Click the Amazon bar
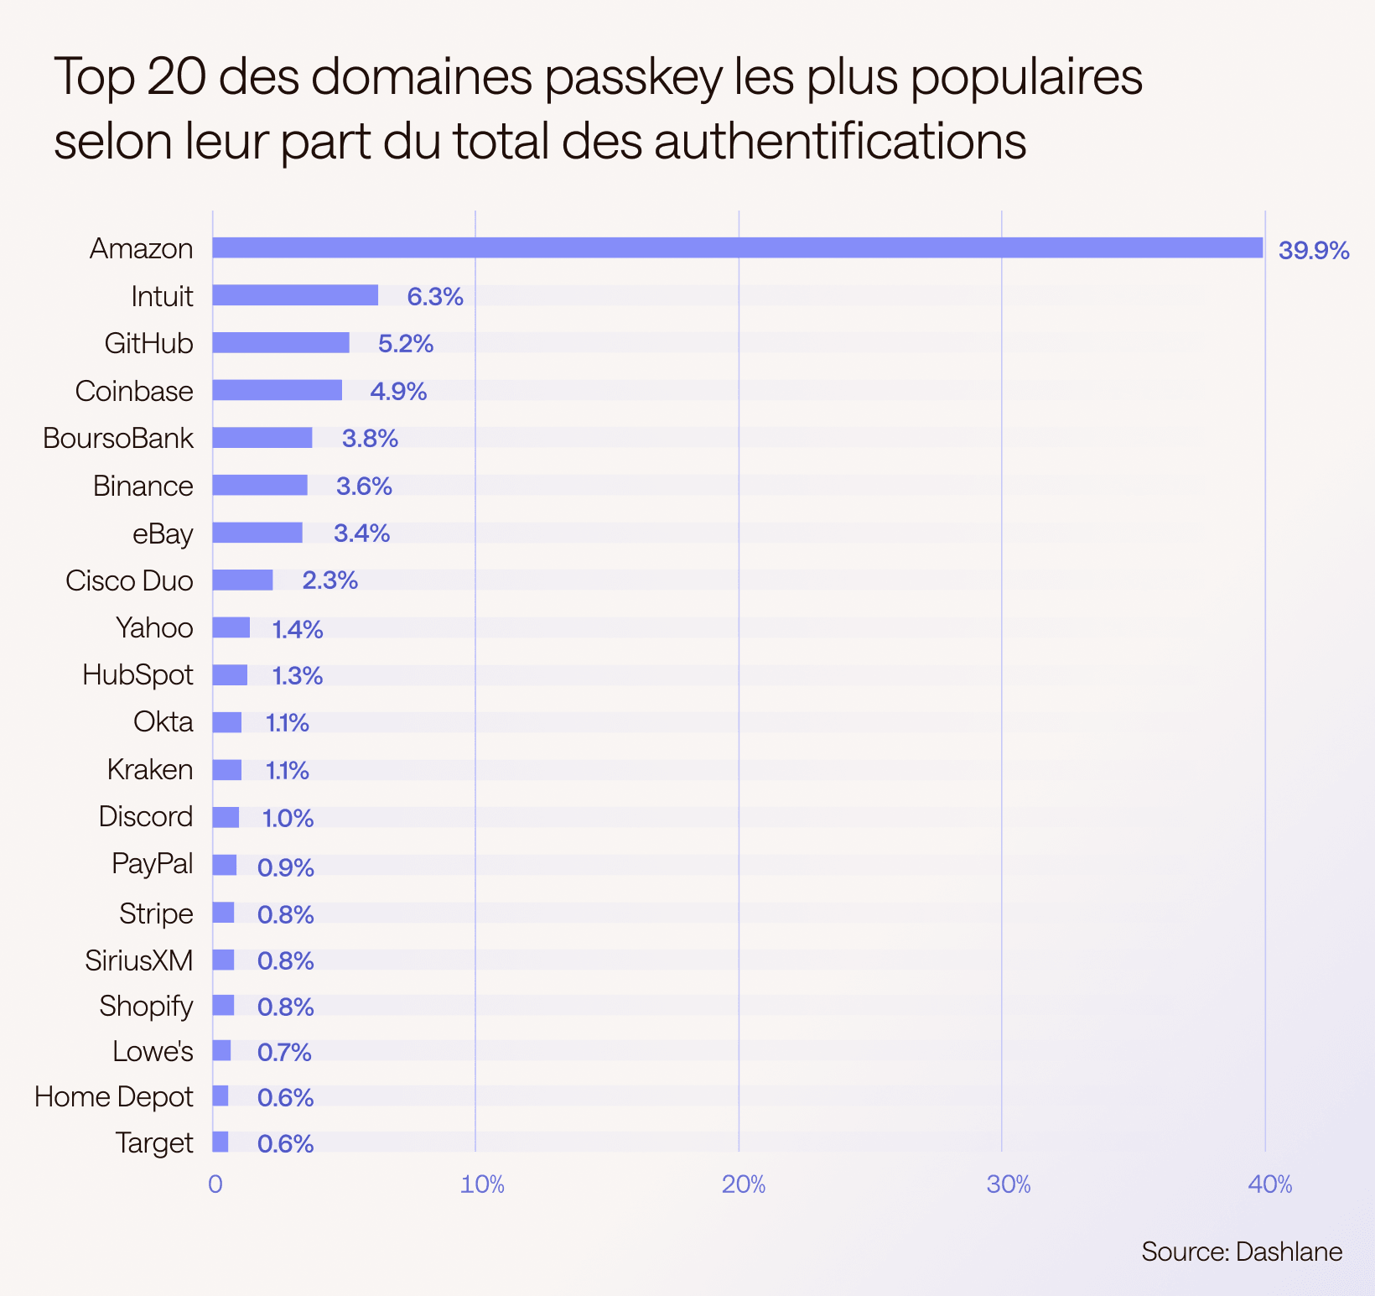tap(737, 247)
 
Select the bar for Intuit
tap(295, 295)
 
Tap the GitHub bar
tap(281, 342)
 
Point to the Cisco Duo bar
tap(242, 580)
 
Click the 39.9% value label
tap(1313, 250)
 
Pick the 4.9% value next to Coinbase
tap(398, 391)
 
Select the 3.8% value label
tap(370, 439)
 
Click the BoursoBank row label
tap(118, 439)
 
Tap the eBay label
tap(163, 533)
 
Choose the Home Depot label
tap(114, 1096)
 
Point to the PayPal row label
tap(153, 864)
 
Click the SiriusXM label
tap(139, 960)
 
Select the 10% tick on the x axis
tap(483, 1184)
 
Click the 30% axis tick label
tap(1009, 1184)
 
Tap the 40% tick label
tap(1270, 1184)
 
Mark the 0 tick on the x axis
tap(215, 1184)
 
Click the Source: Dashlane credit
tap(1242, 1252)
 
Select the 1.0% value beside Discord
tap(288, 818)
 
